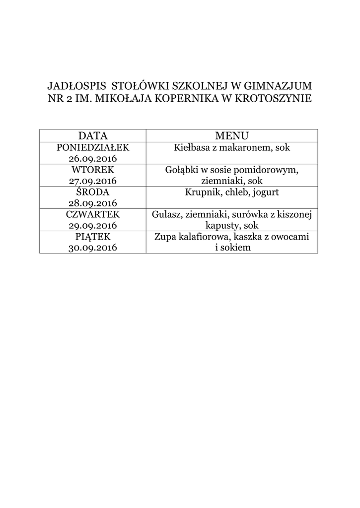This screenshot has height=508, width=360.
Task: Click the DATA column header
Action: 93,135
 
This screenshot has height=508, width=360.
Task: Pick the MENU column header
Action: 232,135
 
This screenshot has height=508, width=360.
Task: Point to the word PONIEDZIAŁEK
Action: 93,147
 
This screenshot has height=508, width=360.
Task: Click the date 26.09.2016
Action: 93,159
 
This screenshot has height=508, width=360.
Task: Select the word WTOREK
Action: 93,170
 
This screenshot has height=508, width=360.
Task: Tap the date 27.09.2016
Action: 93,181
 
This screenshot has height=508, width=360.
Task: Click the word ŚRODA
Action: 93,192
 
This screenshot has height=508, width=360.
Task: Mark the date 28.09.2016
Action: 93,203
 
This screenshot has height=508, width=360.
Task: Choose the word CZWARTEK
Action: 93,214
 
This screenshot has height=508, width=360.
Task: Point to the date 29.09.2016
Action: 93,226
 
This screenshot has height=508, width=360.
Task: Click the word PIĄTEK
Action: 93,237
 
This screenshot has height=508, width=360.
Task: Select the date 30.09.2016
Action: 93,248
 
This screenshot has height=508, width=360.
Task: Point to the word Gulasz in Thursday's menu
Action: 166,214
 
